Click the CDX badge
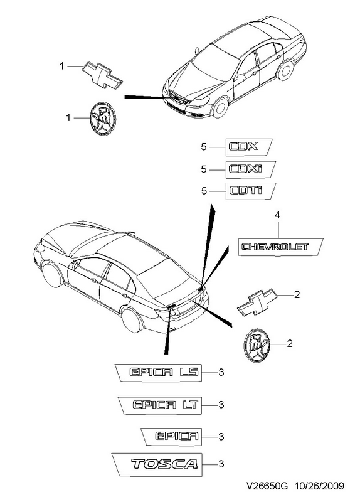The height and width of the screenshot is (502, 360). pos(249,147)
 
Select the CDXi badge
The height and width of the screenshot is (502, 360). pos(251,169)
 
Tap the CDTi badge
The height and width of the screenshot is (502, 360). pos(251,191)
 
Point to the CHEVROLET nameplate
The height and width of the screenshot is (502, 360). pos(280,247)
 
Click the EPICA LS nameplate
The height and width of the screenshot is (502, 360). pos(159,372)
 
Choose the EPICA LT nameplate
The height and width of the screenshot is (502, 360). pos(160,405)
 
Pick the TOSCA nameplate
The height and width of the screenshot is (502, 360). pos(157,464)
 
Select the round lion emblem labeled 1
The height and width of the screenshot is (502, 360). pos(102,118)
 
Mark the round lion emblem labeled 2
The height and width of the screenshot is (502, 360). pos(257,344)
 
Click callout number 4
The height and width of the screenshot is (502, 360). pos(277,215)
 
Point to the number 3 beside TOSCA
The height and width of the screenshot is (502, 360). pos(221,464)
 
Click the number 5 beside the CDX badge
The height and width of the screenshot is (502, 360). pos(204,147)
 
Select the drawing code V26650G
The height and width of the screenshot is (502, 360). pos(267,486)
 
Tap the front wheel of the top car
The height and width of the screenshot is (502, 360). pos(221,107)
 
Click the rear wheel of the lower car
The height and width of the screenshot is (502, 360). pos(132,320)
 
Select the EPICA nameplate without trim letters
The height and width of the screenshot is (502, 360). pos(172,436)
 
